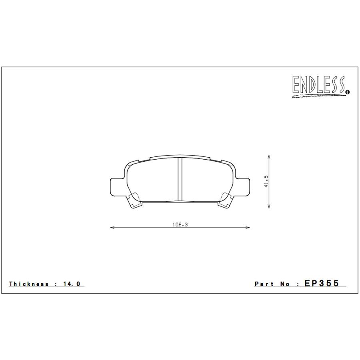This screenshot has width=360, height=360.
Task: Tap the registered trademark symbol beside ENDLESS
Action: tap(347, 92)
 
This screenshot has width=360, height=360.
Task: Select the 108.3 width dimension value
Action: tap(180, 225)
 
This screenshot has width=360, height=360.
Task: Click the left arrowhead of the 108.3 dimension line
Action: tap(112, 228)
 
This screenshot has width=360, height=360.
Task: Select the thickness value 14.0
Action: tap(72, 284)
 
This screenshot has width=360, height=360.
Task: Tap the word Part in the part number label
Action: tap(264, 284)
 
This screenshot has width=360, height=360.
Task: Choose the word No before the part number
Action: tap(285, 284)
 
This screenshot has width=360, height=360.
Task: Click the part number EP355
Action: tap(322, 284)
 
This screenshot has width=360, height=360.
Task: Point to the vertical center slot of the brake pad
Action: tap(180, 179)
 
